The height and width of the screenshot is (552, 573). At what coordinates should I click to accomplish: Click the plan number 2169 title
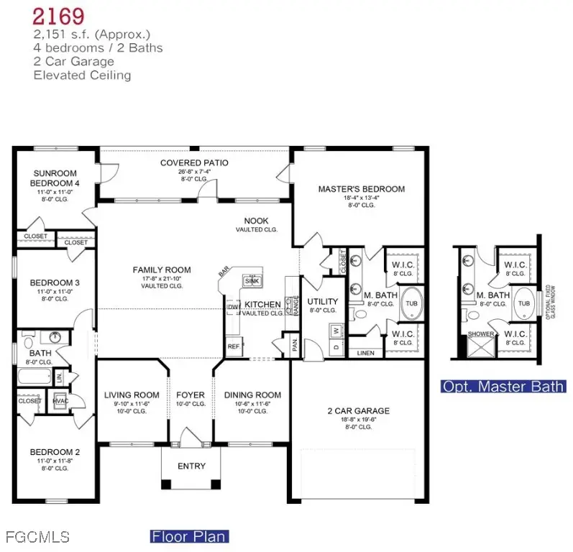59,15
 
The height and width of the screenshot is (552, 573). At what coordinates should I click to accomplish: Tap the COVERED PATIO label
194,163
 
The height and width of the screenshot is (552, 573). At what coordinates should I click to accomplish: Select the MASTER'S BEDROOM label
361,189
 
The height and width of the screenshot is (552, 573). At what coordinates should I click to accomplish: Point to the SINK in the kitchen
252,280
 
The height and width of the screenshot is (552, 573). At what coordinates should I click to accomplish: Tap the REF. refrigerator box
233,346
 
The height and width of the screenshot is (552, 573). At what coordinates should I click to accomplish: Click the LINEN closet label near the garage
365,352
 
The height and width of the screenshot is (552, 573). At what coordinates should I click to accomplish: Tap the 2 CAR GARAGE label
358,411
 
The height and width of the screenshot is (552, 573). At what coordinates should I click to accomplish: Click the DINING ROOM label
252,395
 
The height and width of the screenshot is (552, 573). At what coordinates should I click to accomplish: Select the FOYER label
191,395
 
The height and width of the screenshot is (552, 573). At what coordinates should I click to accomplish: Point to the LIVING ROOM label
131,395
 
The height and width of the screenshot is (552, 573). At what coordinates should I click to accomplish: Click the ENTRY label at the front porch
191,466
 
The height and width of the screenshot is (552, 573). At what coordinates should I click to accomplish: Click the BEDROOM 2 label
55,452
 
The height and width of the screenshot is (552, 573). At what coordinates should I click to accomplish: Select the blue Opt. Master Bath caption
503,387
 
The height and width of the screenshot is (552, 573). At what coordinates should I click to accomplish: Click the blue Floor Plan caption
188,536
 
